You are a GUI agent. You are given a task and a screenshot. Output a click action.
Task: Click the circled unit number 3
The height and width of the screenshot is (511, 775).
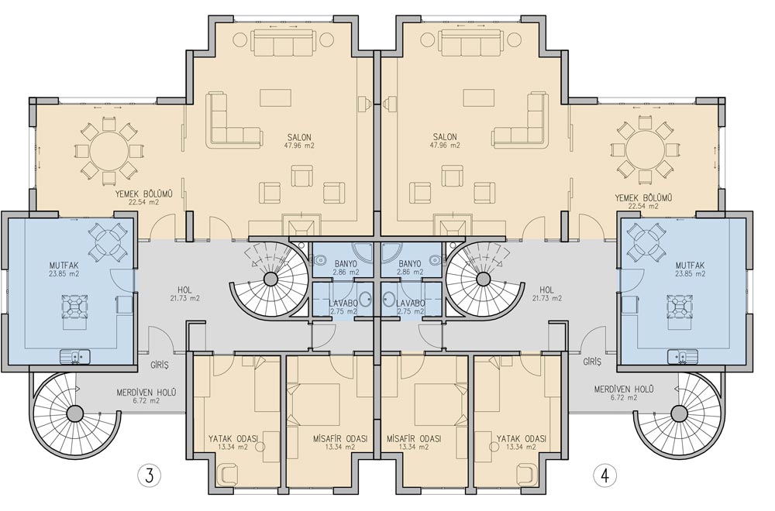coord(149,476)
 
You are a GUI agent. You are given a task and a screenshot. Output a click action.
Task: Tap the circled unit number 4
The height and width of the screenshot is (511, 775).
coord(604,476)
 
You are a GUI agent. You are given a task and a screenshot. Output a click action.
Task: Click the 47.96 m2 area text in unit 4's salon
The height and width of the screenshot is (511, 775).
coord(445,146)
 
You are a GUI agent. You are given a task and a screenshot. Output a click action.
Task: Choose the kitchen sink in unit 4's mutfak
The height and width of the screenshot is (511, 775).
coord(682,356)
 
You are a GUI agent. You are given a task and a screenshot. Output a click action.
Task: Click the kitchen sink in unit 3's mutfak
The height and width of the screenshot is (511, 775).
coord(74,356)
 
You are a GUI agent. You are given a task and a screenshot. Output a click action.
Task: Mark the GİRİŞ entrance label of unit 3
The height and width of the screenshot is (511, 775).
coord(160,365)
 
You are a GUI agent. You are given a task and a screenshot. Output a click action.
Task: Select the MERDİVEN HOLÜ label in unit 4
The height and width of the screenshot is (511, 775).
coord(624,389)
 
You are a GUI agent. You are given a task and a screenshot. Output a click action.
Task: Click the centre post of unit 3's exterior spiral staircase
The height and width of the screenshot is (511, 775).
coord(74,413)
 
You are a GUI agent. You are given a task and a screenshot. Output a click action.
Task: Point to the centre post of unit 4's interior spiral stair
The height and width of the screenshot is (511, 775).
coord(481,280)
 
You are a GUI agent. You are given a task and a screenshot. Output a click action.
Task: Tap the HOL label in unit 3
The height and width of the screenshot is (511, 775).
coord(185,290)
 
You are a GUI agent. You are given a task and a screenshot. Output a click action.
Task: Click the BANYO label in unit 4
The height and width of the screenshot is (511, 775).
coord(409,264)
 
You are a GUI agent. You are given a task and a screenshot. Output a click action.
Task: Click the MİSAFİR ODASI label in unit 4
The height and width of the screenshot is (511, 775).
coord(414,439)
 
